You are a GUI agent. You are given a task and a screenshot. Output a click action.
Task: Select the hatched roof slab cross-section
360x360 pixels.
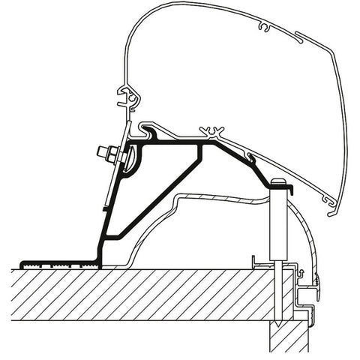coord(150,300)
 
